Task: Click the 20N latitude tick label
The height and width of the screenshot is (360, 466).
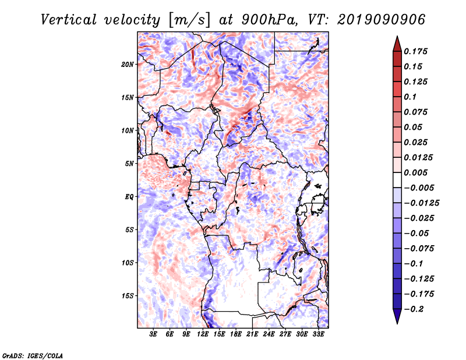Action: click(x=127, y=65)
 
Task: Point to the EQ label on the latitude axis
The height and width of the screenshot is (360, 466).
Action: click(x=129, y=197)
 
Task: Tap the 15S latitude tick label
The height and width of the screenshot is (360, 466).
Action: click(x=128, y=296)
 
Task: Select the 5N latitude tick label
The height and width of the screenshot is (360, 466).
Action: click(x=129, y=164)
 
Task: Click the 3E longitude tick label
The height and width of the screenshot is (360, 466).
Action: click(x=153, y=334)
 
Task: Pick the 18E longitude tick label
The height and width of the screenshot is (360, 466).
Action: click(x=236, y=334)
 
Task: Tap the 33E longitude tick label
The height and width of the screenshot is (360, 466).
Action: click(x=318, y=334)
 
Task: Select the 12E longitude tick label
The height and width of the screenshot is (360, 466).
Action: click(x=203, y=334)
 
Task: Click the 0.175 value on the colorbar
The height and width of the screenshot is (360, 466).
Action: click(x=415, y=51)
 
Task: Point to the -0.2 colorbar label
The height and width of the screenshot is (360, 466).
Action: click(x=414, y=309)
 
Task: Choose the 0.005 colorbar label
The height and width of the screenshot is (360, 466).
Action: click(x=415, y=172)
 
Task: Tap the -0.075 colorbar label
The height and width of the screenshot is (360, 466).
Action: click(x=419, y=249)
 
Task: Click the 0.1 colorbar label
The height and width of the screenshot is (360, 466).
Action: click(x=410, y=97)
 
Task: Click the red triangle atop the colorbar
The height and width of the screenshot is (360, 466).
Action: click(x=397, y=44)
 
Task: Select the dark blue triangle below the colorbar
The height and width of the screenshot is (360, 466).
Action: click(x=397, y=316)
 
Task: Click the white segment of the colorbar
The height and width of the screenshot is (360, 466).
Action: click(x=397, y=180)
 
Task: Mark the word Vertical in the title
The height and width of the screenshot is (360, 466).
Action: click(x=69, y=20)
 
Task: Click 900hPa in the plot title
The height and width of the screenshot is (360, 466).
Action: click(x=269, y=20)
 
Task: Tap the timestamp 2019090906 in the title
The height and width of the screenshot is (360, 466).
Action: click(x=382, y=20)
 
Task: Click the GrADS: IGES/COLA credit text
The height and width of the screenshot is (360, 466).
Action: click(x=33, y=355)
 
